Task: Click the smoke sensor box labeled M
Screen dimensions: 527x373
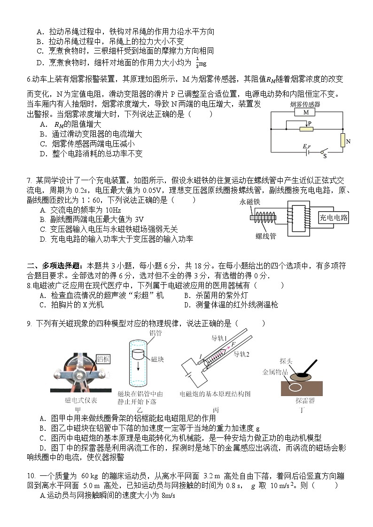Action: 306,113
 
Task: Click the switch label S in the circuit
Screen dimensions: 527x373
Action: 325,156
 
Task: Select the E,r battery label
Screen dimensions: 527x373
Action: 307,146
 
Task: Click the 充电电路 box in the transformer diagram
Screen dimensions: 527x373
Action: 334,217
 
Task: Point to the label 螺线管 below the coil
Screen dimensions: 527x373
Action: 266,236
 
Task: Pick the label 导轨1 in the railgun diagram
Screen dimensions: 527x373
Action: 219,338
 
